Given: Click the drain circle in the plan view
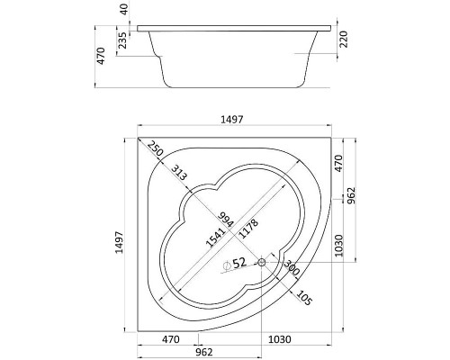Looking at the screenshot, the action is (x=262, y=263).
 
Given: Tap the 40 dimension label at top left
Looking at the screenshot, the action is (x=124, y=8).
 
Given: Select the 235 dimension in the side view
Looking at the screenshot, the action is (x=122, y=40).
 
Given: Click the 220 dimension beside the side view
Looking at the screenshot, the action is (x=344, y=39).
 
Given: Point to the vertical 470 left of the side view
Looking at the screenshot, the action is (x=101, y=56).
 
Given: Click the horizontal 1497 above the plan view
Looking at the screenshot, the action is (x=231, y=120).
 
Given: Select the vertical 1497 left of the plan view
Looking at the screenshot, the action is (x=119, y=242).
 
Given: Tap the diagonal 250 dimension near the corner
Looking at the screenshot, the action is (x=155, y=148).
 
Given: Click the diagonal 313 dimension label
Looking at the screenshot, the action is (x=179, y=173).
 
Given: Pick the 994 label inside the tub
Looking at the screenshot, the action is (x=226, y=220).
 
